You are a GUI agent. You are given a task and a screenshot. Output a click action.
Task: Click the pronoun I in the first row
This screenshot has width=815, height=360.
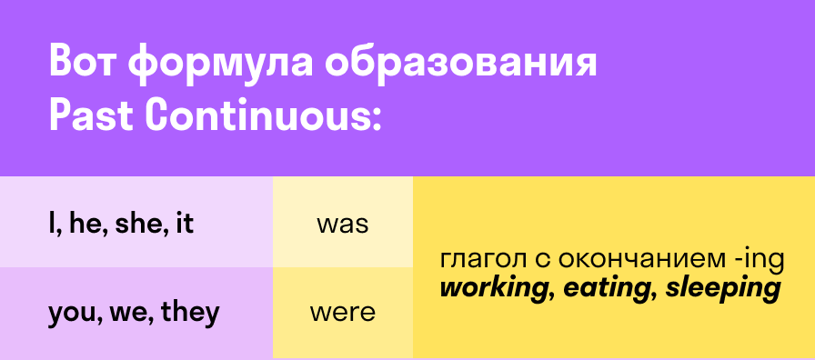(x=52, y=224)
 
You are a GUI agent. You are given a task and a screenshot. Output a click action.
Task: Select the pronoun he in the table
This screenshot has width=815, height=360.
(x=84, y=224)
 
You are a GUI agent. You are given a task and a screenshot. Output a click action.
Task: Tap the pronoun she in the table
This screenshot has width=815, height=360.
(x=135, y=224)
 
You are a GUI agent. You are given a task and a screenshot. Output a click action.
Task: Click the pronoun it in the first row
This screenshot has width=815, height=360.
(x=184, y=224)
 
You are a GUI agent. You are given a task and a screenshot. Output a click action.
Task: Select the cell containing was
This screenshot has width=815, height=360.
(x=342, y=224)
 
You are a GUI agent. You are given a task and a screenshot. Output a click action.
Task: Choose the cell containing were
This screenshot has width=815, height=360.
(x=342, y=314)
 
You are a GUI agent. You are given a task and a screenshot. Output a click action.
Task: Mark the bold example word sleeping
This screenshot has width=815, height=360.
(x=723, y=290)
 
